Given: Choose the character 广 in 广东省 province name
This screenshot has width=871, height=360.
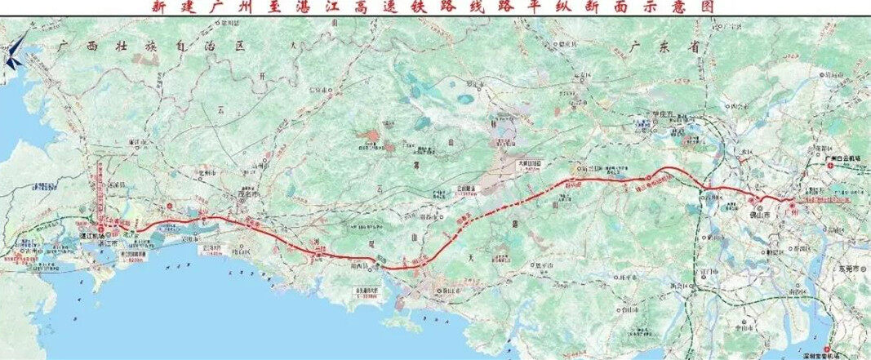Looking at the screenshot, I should [x=635, y=47].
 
